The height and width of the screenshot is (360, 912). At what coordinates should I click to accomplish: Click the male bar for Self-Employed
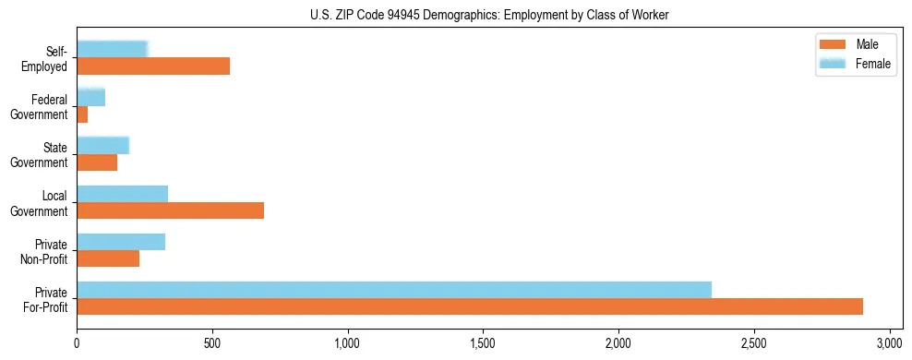(x=153, y=66)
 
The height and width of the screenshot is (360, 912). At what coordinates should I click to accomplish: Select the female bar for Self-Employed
(x=112, y=49)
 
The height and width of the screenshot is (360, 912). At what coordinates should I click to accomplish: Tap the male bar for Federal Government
(x=82, y=114)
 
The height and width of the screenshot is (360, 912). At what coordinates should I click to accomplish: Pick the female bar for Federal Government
(x=90, y=97)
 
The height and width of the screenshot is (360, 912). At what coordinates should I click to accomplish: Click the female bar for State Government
(x=102, y=145)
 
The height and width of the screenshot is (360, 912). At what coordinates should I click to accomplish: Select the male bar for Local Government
(x=170, y=210)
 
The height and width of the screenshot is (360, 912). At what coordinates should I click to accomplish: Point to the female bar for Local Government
(x=122, y=193)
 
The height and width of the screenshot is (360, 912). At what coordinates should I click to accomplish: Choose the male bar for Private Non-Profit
(x=108, y=258)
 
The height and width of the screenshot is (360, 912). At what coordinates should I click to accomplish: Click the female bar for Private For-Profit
(x=394, y=289)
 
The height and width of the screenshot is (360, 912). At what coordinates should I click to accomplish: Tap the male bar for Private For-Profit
(x=470, y=306)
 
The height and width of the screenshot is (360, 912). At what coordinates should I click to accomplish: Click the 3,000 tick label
(x=889, y=342)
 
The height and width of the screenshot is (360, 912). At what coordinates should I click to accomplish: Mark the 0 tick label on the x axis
(x=77, y=342)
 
